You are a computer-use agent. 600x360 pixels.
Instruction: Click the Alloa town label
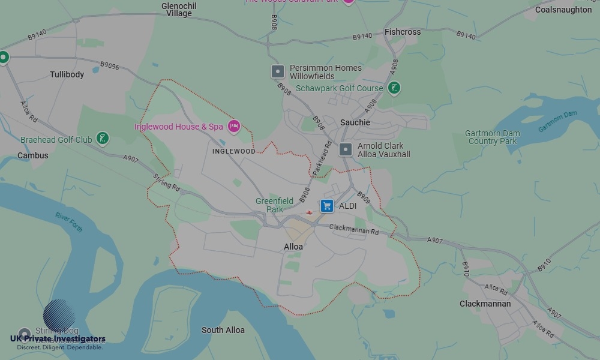tap(293, 247)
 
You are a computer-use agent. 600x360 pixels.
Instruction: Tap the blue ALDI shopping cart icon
tap(327, 206)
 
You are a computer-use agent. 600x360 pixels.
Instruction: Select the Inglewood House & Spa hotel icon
tap(234, 127)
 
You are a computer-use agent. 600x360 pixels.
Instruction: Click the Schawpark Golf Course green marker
tap(394, 88)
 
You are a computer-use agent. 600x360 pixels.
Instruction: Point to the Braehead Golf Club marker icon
tap(103, 139)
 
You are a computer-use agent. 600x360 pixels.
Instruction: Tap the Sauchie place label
tap(355, 122)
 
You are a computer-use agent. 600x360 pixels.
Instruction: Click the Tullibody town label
tap(67, 74)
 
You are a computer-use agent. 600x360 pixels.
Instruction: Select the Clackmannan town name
tap(485, 304)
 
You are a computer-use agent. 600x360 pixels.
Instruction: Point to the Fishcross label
tap(403, 32)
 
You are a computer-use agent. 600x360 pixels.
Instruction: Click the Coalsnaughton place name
tap(563, 10)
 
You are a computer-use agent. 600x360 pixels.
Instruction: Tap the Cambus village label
tap(32, 155)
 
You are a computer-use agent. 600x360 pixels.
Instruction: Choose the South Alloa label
tap(223, 330)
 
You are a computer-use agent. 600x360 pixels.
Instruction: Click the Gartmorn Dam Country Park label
tap(492, 137)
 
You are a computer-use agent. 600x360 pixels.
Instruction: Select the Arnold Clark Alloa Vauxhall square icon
tap(346, 149)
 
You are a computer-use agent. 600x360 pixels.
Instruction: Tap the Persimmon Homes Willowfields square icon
tap(277, 72)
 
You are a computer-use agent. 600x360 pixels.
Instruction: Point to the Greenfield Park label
tap(274, 205)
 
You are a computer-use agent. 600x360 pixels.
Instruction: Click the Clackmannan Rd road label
tap(354, 229)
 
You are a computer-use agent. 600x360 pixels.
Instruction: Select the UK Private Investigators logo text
tap(58, 339)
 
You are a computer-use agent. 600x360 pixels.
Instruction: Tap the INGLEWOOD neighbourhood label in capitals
tap(234, 151)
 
